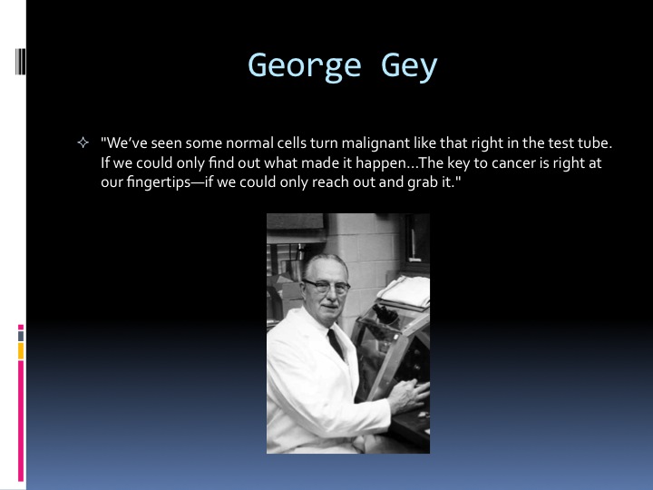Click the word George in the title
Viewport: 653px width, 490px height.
(x=305, y=66)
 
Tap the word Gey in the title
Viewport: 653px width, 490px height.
(x=409, y=66)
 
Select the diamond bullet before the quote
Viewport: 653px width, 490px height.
(x=83, y=143)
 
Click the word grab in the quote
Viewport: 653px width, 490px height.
(x=423, y=182)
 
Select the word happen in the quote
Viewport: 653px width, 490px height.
(x=383, y=163)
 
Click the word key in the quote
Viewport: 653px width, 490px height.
(x=459, y=163)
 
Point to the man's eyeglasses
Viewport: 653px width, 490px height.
(x=326, y=286)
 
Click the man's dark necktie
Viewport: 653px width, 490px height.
(x=336, y=344)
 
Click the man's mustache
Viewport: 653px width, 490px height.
(x=330, y=306)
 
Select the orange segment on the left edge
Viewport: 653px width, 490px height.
(x=21, y=351)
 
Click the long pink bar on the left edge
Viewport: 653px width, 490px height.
(x=21, y=421)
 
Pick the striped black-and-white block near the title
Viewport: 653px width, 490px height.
(x=20, y=62)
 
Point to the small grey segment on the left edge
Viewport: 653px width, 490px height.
(x=21, y=337)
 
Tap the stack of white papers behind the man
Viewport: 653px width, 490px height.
(x=404, y=290)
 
